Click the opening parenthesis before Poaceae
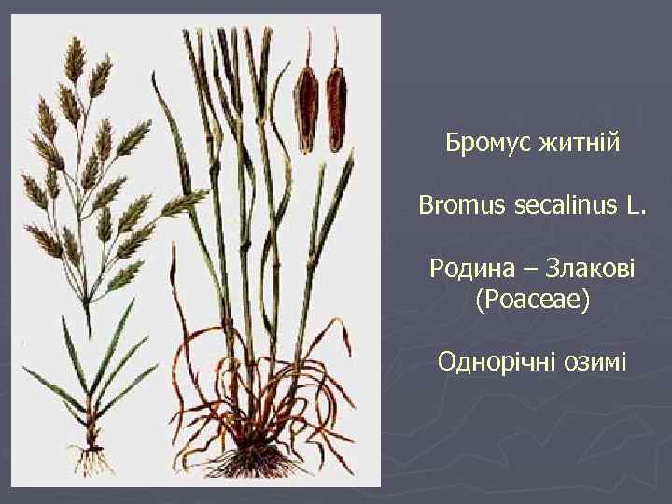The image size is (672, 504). click(480, 301)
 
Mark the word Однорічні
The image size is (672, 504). click(496, 361)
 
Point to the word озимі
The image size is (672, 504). click(595, 361)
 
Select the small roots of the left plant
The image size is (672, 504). click(91, 459)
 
